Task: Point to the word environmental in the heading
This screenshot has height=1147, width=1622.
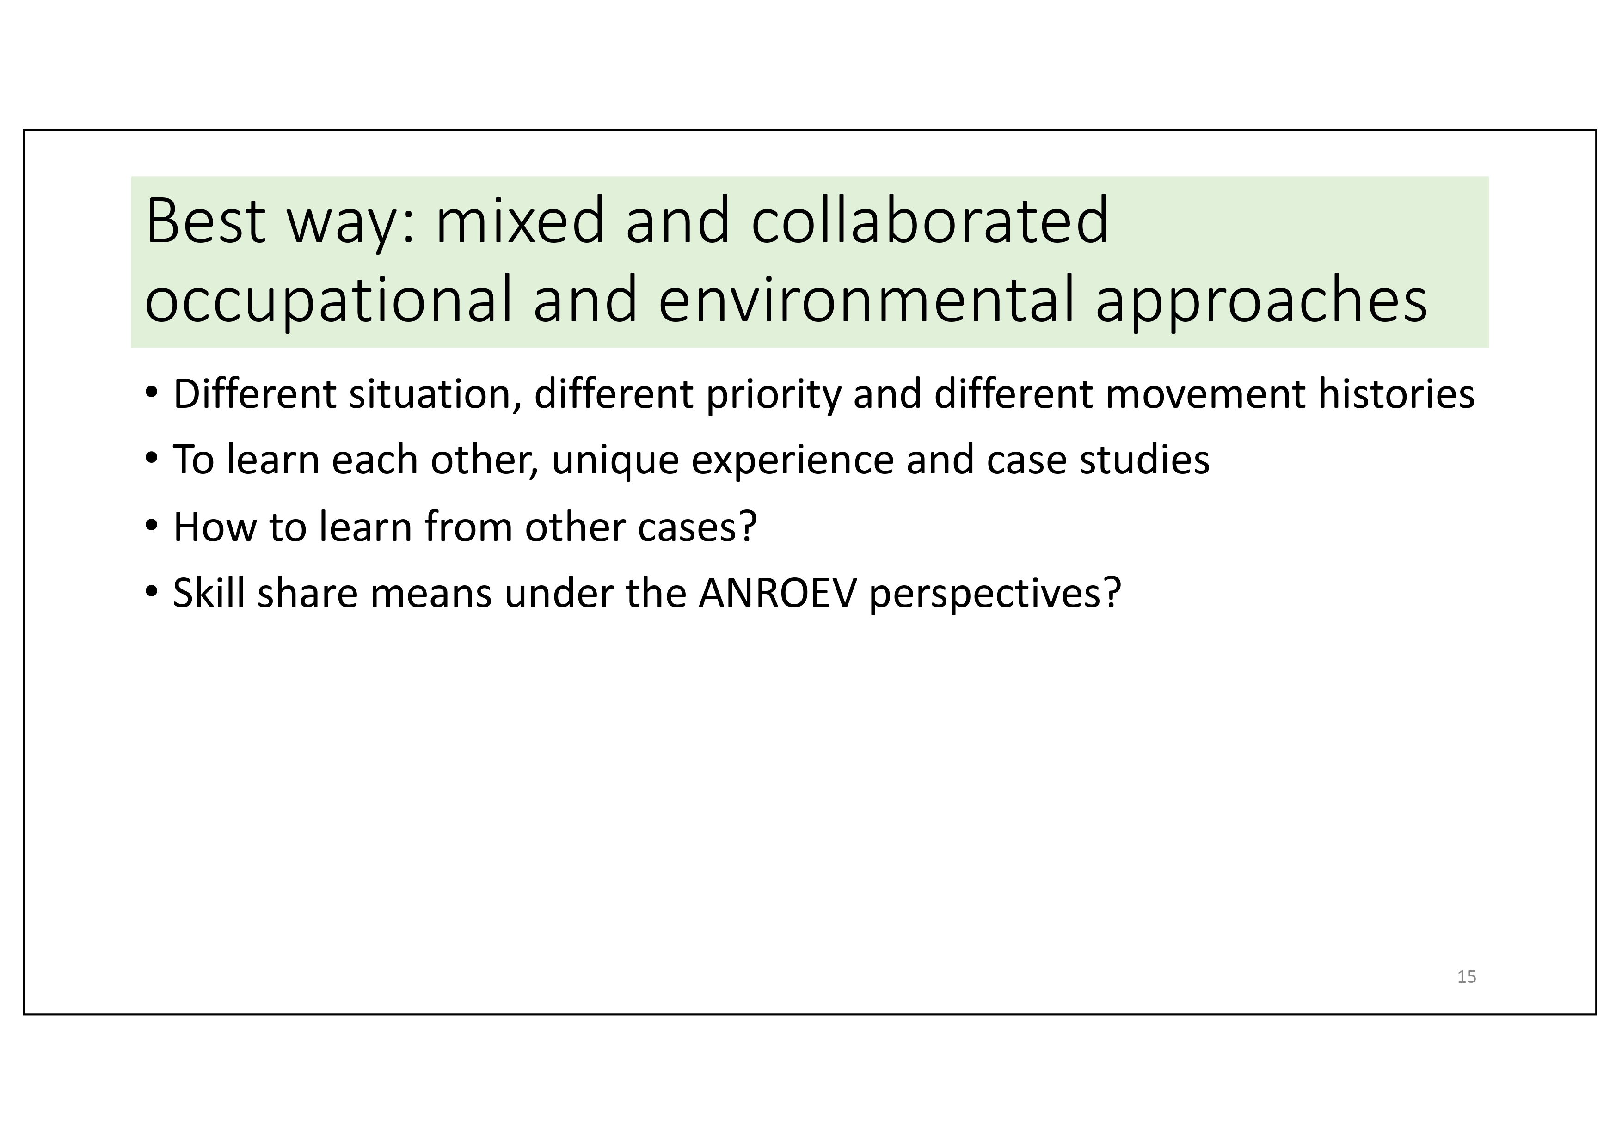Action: (866, 300)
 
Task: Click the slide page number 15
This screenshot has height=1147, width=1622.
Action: (1467, 977)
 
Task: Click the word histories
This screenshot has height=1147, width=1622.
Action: (1397, 393)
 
